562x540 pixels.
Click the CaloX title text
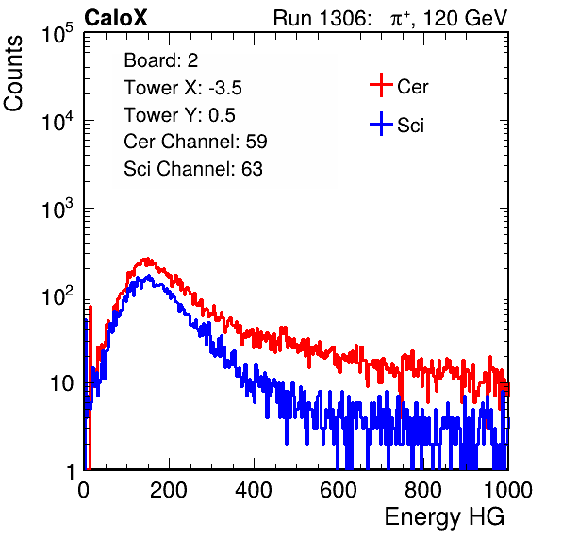click(115, 18)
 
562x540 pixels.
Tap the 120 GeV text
click(465, 18)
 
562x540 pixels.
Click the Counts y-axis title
click(13, 74)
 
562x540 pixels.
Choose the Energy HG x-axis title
click(444, 517)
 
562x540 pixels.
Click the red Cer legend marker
click(381, 85)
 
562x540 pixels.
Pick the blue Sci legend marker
click(381, 124)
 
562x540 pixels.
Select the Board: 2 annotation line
click(161, 60)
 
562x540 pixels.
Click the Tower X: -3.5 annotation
click(183, 88)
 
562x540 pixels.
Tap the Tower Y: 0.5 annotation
click(179, 115)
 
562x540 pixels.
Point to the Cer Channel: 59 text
click(195, 142)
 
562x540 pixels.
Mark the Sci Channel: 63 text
click(193, 169)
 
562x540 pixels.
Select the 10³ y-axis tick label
click(58, 209)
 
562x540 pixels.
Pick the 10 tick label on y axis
click(62, 384)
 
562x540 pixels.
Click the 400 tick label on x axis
click(254, 489)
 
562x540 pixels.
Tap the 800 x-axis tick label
click(423, 489)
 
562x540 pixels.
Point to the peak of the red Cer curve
click(145, 259)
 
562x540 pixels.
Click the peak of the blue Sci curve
click(148, 277)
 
